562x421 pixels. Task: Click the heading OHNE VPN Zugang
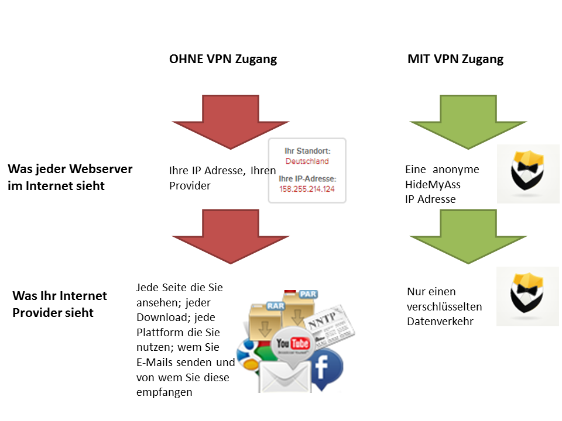[x=222, y=59]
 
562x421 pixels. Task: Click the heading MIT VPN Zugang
[x=455, y=59]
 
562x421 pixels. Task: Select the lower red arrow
[x=230, y=234]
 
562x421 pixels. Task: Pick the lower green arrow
[x=468, y=234]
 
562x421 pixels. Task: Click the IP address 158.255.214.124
[x=307, y=189]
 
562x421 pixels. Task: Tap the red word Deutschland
[x=307, y=161]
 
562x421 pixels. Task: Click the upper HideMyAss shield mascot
[x=528, y=174]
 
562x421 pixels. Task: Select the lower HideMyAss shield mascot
[x=528, y=296]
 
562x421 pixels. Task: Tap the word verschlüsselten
[x=444, y=306]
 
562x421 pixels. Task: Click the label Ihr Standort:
[x=307, y=151]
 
